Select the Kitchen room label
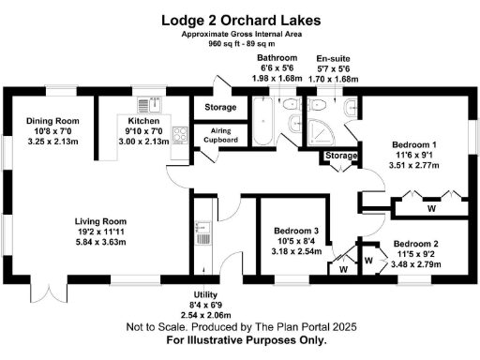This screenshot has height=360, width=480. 143,121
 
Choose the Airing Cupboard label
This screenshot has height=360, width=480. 219,134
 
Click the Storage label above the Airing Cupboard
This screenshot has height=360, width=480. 219,107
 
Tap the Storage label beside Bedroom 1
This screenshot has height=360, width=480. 342,155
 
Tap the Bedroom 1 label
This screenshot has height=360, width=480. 414,144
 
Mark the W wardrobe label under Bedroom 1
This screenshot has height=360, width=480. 430,209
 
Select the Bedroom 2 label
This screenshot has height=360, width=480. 416,243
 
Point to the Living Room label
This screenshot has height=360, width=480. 102,221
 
